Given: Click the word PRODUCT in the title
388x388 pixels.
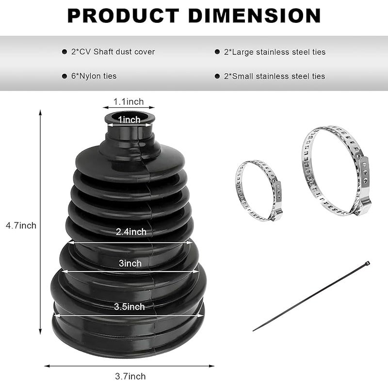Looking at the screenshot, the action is [123, 16].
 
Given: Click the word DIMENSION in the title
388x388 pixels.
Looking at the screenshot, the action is [254, 16].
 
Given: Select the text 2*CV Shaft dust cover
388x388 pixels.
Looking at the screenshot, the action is [113, 52].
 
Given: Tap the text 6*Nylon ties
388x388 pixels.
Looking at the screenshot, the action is [94, 76].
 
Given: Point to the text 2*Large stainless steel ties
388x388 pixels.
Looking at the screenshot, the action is [275, 52].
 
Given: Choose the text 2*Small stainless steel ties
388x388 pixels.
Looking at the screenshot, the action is [275, 76].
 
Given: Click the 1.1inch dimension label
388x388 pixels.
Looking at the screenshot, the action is [129, 102].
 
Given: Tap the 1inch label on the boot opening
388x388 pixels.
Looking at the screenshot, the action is [129, 120].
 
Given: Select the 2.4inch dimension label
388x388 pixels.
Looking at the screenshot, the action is [131, 232].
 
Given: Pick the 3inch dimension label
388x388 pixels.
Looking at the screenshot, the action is [130, 263].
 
